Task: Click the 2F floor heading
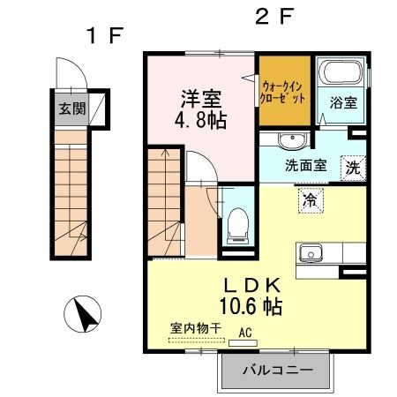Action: click(273, 16)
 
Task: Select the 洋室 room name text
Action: click(203, 96)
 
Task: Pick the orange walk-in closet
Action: click(284, 92)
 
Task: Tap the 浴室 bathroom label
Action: click(343, 101)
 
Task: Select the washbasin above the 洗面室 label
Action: click(290, 141)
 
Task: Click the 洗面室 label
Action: click(306, 164)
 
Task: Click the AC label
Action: click(245, 333)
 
